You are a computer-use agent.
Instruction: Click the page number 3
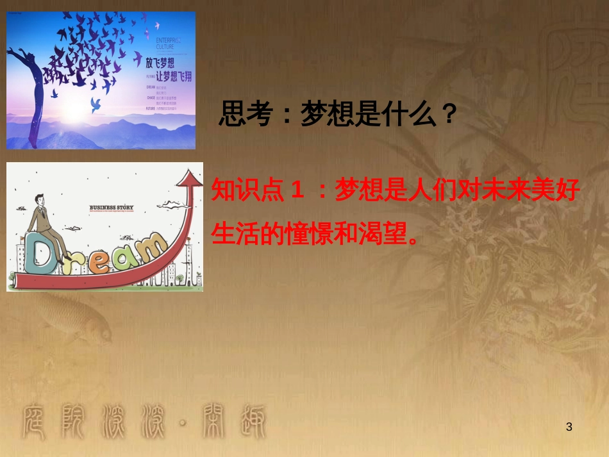[569, 427]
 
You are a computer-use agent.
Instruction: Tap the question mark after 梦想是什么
[449, 115]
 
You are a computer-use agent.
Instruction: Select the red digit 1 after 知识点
[297, 190]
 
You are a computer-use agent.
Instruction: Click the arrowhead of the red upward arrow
[190, 178]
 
